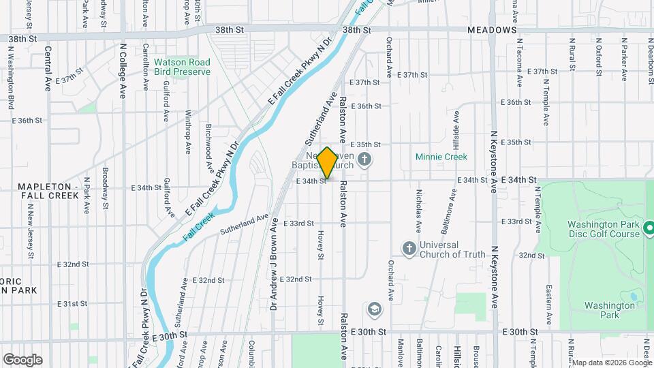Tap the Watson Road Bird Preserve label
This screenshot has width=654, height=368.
182,66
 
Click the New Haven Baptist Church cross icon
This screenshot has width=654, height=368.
365,159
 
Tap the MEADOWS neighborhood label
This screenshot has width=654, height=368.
491,31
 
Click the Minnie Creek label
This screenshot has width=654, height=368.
441,157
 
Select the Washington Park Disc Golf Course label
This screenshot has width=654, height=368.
604,229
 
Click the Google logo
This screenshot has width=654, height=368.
22,359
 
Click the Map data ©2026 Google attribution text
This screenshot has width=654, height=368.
612,363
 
